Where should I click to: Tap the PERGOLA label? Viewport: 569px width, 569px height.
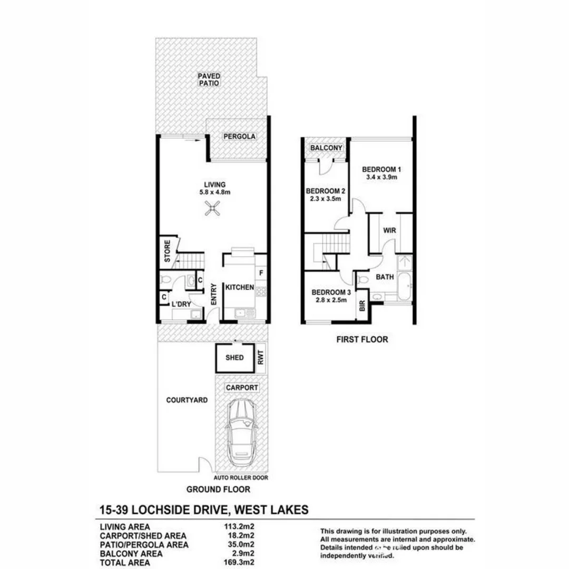coord(239,136)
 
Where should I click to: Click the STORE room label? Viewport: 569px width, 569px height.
coord(167,252)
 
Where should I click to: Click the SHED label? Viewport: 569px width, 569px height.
coord(234,358)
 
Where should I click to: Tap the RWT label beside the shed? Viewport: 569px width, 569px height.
coord(260,358)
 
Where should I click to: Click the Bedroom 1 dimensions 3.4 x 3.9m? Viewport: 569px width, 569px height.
coord(382,178)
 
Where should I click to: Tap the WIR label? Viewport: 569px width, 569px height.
coord(390,230)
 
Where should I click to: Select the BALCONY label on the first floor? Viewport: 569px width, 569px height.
coord(326,149)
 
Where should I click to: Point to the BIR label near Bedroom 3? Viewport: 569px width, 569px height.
coord(362,306)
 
